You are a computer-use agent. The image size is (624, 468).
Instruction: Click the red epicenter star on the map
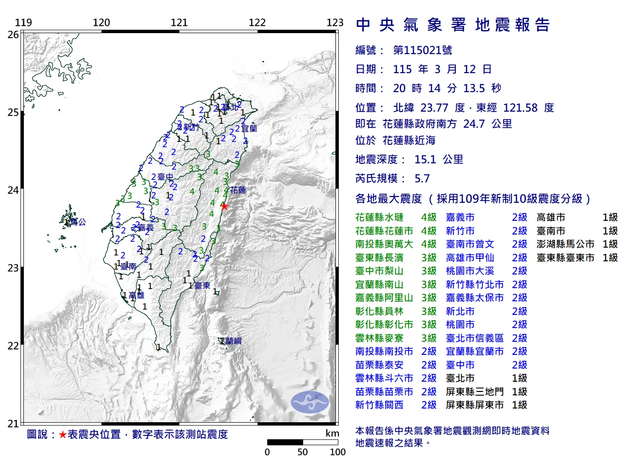tap(224, 206)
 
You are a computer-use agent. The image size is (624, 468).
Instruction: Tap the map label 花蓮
tap(238, 190)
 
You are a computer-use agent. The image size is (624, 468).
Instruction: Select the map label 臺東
tap(202, 286)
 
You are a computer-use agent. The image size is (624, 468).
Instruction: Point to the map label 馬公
tap(78, 222)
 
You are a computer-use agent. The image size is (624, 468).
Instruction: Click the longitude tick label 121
tap(179, 22)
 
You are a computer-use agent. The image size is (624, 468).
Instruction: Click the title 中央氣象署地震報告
tap(453, 25)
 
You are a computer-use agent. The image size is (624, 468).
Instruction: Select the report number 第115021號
tap(422, 50)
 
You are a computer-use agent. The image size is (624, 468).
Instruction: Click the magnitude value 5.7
tap(422, 178)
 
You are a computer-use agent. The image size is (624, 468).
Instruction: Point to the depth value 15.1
tap(425, 159)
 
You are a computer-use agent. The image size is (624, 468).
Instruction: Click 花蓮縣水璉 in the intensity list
tap(379, 217)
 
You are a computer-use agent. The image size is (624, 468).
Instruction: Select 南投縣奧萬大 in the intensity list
tap(384, 244)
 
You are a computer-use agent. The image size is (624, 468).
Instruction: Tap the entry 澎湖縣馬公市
tap(565, 244)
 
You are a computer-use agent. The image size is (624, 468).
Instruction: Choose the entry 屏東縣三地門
tap(474, 392)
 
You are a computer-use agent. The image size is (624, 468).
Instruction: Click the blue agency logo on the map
tap(310, 402)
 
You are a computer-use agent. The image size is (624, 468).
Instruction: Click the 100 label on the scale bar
tap(337, 452)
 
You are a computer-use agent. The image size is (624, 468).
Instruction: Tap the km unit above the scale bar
tap(332, 433)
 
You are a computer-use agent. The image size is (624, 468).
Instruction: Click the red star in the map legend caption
tap(62, 434)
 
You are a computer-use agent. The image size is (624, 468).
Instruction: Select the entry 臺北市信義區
tap(474, 338)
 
